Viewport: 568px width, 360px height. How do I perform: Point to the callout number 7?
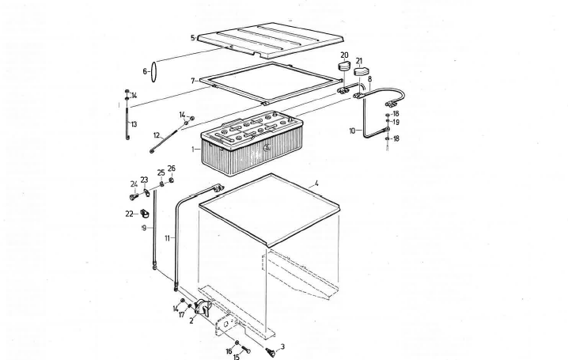tap(192, 81)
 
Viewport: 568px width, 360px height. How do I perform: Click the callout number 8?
tap(369, 80)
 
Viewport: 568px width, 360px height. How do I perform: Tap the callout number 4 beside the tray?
tap(316, 184)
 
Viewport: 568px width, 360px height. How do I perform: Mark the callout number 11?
tap(168, 237)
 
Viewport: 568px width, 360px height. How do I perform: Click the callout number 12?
tap(156, 135)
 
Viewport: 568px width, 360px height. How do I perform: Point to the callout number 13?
tap(134, 124)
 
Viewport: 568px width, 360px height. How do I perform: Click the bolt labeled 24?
tap(133, 196)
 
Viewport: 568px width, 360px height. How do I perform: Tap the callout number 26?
tap(172, 169)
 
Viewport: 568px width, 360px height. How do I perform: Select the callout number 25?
tap(161, 172)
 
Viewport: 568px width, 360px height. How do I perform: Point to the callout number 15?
tap(235, 357)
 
